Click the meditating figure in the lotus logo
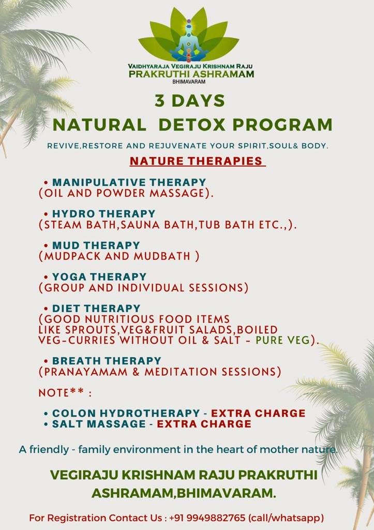click(189, 40)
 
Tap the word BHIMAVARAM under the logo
click(189, 82)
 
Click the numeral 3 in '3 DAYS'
click(160, 101)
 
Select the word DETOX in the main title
click(191, 124)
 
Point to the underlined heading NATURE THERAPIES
click(196, 161)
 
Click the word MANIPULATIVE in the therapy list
click(99, 182)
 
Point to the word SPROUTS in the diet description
click(92, 330)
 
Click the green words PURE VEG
click(283, 340)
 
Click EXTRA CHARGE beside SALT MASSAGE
click(204, 424)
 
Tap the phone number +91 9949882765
click(207, 518)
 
